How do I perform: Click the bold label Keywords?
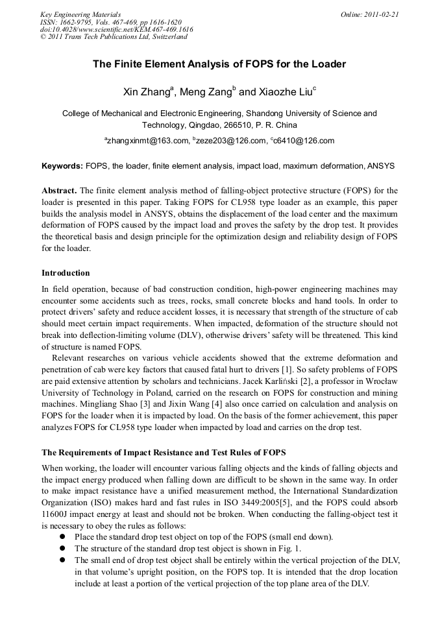pos(62,166)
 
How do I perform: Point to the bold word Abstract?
pos(59,191)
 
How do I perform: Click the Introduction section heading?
pos(66,273)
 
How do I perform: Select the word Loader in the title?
pos(328,65)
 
